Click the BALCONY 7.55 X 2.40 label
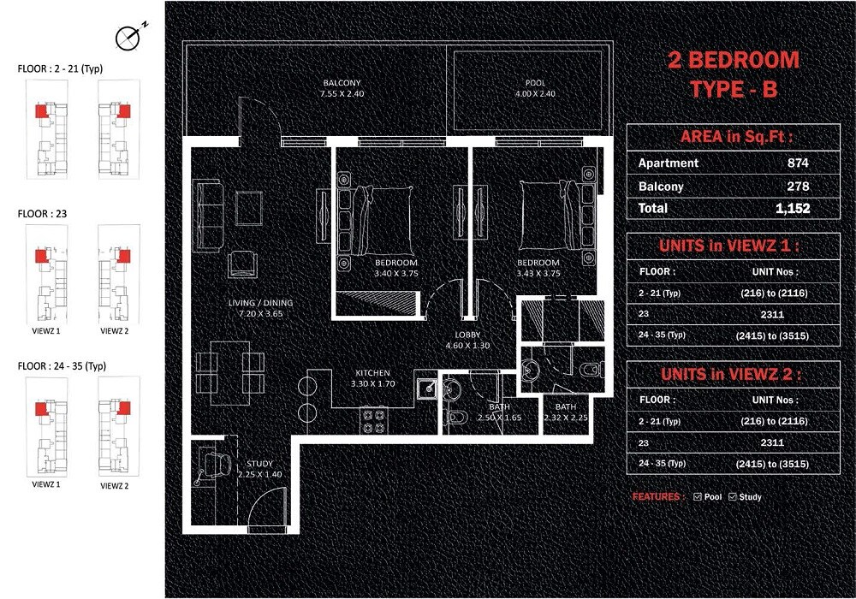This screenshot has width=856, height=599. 342,88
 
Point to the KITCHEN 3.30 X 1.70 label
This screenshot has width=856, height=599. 373,379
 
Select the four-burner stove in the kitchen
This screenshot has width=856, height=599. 373,419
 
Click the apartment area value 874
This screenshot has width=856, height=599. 798,163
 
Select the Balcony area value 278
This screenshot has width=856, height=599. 798,186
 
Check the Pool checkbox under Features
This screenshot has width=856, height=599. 698,496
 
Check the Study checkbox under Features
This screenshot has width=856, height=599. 733,496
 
